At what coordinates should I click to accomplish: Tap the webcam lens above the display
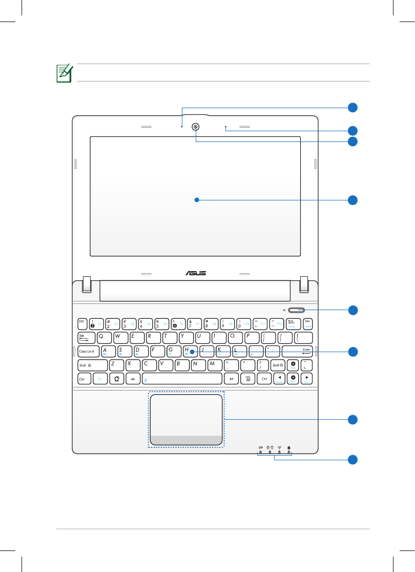coord(196,127)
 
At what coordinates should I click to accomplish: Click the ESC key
coord(82,323)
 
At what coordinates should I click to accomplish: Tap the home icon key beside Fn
coord(116,379)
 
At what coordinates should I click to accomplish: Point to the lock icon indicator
coord(289,447)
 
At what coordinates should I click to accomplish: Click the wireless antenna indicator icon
coord(279,447)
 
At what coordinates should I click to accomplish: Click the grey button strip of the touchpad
coord(186,440)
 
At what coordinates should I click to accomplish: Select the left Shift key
coord(92,365)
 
